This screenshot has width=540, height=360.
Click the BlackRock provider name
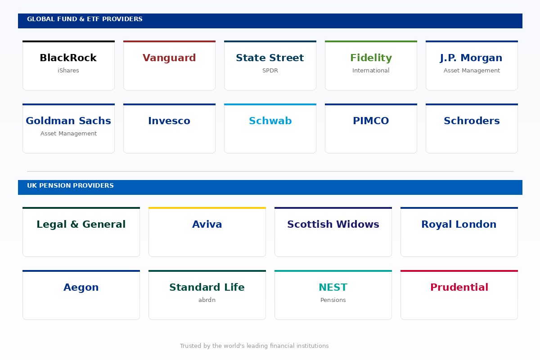coord(68,58)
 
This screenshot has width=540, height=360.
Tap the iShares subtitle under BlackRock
coord(68,70)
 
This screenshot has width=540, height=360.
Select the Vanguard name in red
coord(169,58)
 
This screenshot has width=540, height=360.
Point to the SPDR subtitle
coord(270,70)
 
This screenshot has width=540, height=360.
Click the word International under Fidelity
coord(371,70)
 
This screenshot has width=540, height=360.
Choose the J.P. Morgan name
coord(471,58)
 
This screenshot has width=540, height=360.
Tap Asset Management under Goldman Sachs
coord(68,134)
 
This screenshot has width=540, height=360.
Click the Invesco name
coord(169,121)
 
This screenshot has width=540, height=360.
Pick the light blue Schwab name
coord(270,121)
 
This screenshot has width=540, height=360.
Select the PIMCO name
coord(371,121)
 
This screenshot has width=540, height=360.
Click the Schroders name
coord(472,121)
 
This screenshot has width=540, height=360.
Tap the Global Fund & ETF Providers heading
coord(85,19)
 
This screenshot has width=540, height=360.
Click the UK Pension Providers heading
coord(70,185)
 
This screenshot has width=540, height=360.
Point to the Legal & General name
coord(81,225)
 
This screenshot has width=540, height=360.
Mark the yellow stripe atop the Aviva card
coord(207,208)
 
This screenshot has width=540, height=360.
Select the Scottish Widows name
coord(333,224)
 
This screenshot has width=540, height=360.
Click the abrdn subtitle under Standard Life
coord(207,300)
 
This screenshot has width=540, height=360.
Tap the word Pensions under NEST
coord(333,300)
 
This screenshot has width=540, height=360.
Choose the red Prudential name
coord(459,287)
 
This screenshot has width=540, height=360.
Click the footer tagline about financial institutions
coord(254,346)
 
